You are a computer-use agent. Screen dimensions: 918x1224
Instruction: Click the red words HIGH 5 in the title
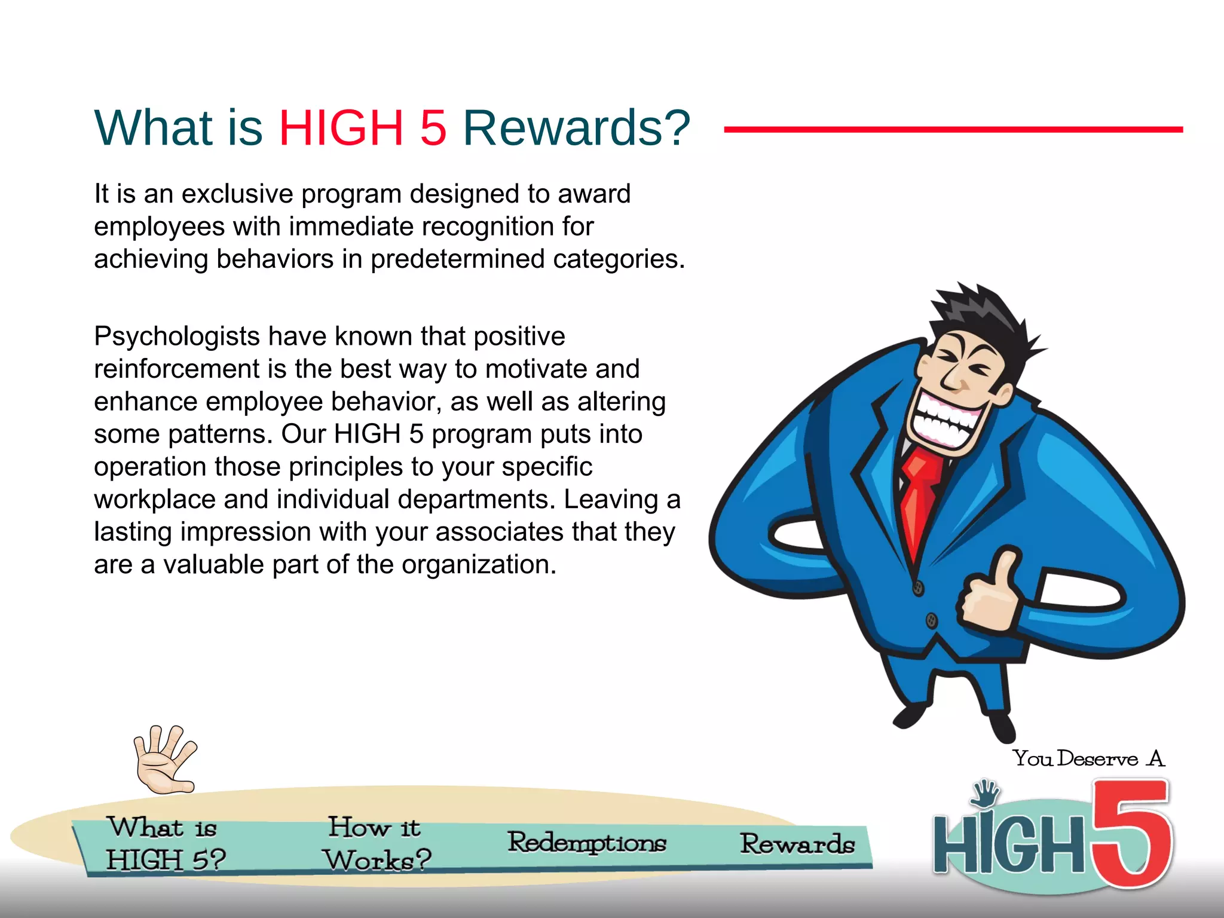[362, 128]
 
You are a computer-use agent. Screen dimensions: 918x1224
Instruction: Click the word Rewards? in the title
[576, 128]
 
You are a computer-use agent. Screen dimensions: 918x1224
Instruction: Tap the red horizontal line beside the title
[953, 129]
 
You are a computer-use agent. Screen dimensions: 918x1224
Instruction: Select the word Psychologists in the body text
[176, 337]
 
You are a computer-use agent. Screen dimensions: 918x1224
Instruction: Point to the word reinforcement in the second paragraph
[176, 369]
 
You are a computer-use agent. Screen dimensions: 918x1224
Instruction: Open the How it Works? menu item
[377, 844]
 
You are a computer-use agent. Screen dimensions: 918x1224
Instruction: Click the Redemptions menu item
[586, 843]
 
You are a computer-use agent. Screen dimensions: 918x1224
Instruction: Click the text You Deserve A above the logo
[1088, 759]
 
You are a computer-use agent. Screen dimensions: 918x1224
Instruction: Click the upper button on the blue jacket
[919, 587]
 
